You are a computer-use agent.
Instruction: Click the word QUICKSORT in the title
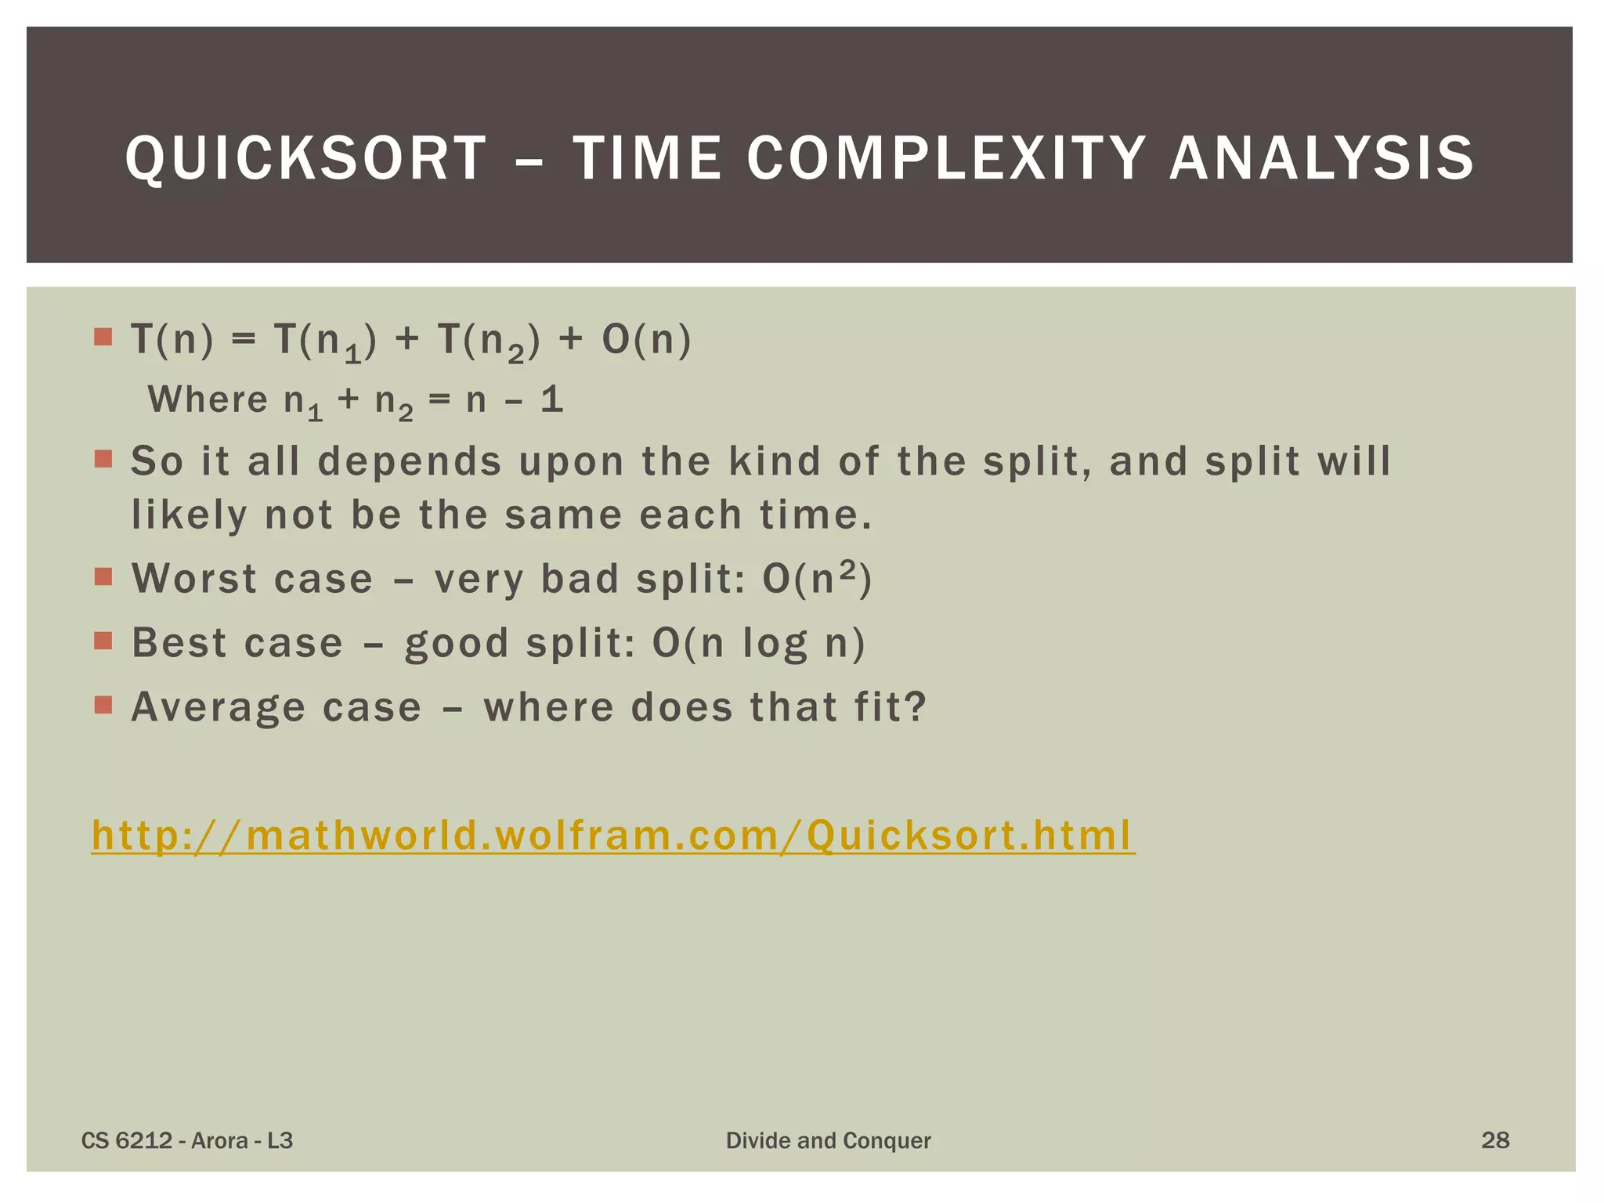(x=306, y=158)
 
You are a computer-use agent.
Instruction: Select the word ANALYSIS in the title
(x=1322, y=158)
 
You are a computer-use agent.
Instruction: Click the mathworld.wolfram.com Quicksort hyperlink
(x=612, y=835)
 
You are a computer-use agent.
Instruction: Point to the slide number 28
(x=1495, y=1140)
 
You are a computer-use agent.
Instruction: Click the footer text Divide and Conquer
(x=828, y=1140)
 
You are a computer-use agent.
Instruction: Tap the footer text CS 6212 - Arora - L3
(x=187, y=1140)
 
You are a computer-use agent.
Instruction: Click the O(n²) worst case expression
(x=817, y=579)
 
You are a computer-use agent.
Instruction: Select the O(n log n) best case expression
(x=758, y=644)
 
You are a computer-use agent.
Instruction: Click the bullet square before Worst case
(x=103, y=577)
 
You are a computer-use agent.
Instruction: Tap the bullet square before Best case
(x=103, y=641)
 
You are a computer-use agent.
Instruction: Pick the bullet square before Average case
(x=103, y=706)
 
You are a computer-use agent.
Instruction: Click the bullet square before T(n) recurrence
(x=103, y=338)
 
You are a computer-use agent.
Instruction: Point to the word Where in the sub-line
(x=208, y=399)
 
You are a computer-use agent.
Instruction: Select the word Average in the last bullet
(x=218, y=707)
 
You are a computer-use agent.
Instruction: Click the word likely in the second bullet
(x=189, y=515)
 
